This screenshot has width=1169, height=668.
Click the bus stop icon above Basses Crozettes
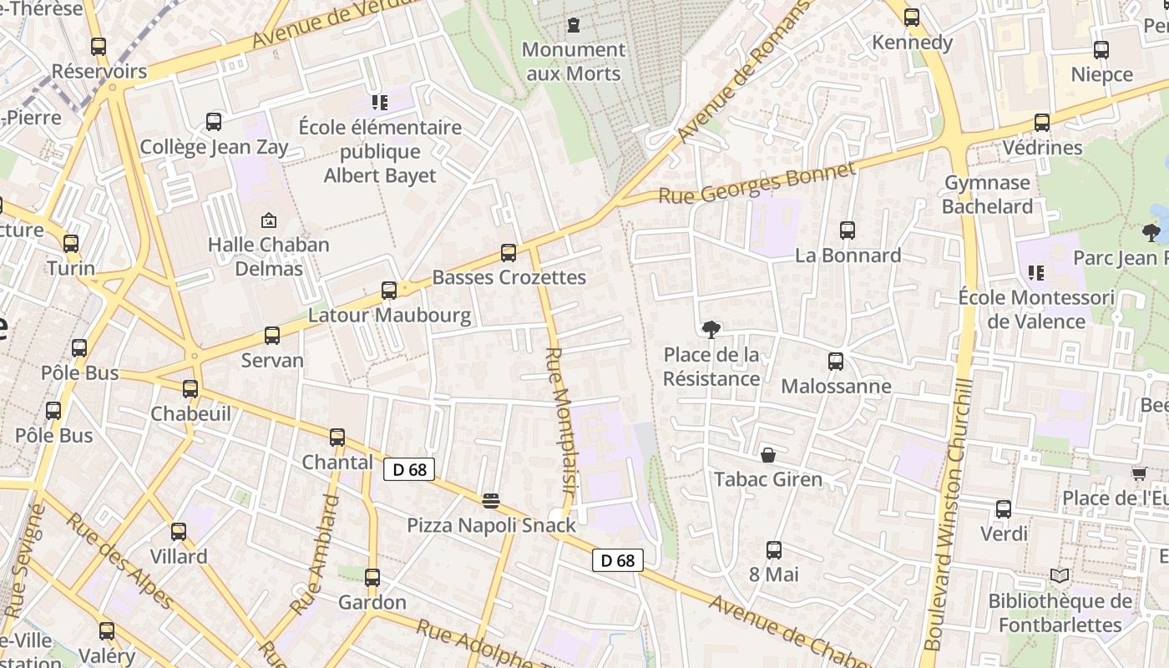(508, 253)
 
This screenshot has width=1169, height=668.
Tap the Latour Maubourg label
(390, 316)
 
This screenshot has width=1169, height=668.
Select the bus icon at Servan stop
(272, 336)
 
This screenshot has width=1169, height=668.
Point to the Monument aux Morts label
(574, 62)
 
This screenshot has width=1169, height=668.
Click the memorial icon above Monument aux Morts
(574, 26)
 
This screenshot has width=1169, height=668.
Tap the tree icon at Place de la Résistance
(711, 330)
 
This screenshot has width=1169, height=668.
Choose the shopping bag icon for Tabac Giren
(767, 455)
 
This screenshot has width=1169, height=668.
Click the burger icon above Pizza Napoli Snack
(491, 501)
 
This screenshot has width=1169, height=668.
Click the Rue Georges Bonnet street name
(757, 184)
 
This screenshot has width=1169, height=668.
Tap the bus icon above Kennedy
(912, 18)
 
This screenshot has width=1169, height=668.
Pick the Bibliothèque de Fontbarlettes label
(1060, 613)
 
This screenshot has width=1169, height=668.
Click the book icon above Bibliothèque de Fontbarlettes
(1060, 576)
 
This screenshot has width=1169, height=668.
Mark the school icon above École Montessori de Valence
(1036, 272)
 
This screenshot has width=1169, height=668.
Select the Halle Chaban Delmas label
(269, 256)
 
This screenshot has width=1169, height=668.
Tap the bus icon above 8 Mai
(774, 550)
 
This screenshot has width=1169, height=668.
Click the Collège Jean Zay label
(214, 148)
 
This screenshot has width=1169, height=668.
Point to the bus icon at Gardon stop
(372, 578)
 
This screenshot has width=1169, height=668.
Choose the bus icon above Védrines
(1042, 123)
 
